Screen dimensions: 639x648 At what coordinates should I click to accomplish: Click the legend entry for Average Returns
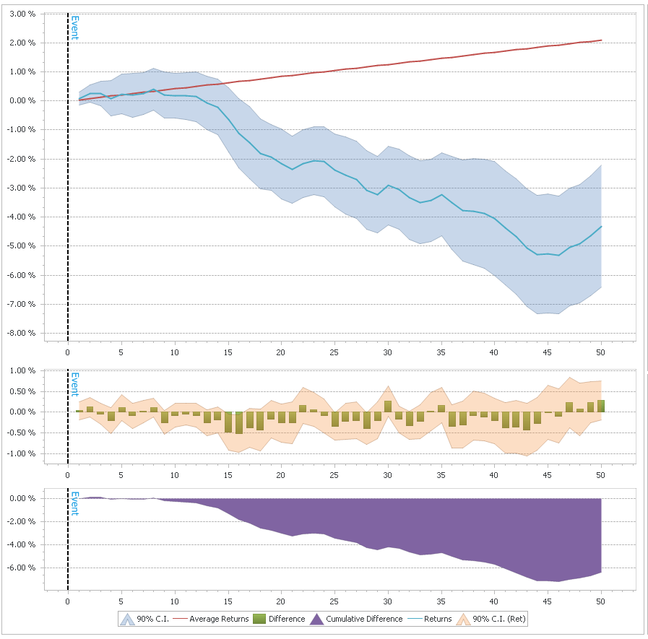pos(219,619)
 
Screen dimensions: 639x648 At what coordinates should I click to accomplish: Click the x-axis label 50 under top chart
pos(600,352)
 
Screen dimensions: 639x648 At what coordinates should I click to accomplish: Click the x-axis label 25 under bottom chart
pos(334,599)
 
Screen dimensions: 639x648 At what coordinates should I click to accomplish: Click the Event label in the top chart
pos(74,27)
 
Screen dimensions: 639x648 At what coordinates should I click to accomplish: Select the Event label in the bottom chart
pos(74,503)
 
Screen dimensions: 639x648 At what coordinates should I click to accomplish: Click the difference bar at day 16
pos(239,422)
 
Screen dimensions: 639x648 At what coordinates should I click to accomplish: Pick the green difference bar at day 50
pos(601,406)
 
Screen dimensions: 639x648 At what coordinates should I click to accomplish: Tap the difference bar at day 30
pos(388,407)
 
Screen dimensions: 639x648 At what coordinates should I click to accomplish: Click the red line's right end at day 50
pos(601,40)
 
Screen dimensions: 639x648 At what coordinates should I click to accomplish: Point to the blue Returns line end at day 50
pos(601,226)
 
